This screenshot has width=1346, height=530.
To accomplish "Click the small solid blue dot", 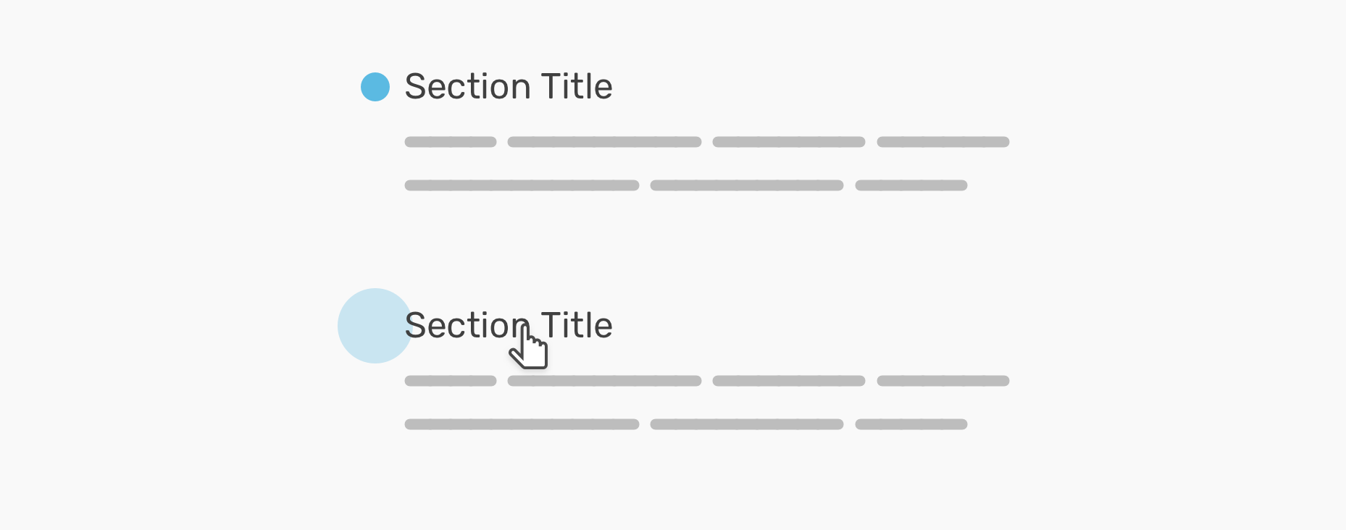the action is pos(375,87).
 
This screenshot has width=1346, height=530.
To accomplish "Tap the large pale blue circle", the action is pos(375,326).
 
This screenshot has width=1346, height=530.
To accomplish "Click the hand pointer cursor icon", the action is pos(529,346).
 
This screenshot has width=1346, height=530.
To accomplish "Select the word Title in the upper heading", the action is pos(577,86).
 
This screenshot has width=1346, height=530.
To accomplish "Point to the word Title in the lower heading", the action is pos(577,325).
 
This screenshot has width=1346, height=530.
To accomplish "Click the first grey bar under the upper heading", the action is pos(451,142).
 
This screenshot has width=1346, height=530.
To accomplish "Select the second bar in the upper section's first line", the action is pos(604,142).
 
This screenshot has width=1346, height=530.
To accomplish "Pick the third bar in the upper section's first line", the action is pos(789,142).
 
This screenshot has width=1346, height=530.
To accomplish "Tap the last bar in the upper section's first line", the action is pos(943,142).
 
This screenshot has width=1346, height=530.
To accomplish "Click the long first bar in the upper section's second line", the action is pos(522,185).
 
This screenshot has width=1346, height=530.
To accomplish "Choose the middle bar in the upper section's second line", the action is pos(747,185).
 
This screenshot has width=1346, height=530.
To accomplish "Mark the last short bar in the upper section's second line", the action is pos(911,185).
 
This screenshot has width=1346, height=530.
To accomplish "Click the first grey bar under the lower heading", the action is pos(451,381).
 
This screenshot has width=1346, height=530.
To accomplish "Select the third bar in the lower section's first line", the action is pos(789,381).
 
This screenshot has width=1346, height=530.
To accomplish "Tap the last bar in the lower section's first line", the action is pos(943,381).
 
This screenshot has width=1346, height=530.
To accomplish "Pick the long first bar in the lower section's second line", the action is pos(522,424).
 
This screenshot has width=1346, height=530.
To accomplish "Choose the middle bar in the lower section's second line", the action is pos(747,424).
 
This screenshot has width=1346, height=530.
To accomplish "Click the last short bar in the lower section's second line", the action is pos(911,424).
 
